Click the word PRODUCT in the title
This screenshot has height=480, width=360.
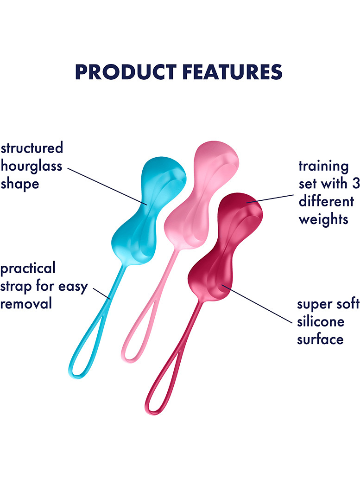126,72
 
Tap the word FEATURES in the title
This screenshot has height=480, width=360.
232,72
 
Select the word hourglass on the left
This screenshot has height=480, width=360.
31,166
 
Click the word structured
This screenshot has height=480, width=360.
32,148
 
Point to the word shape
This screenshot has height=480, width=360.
20,184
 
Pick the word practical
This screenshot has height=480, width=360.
28,269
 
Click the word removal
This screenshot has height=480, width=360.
26,304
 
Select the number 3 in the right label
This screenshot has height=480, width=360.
356,184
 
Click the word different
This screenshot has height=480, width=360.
326,201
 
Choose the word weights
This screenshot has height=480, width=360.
323,220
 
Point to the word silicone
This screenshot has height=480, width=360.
321,321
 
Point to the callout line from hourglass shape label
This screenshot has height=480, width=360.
107,186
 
